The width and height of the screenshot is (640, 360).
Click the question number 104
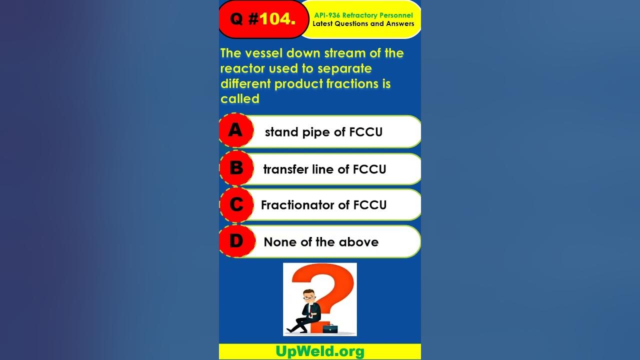tap(277, 19)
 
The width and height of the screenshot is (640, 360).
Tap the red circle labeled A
tap(236, 130)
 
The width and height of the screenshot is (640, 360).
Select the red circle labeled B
tap(236, 168)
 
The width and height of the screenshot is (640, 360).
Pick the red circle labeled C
tap(236, 205)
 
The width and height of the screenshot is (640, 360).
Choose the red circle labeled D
tap(237, 241)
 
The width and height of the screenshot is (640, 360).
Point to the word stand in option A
tap(281, 132)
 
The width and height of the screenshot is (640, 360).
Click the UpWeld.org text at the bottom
tap(320, 351)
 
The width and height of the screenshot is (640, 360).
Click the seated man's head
tap(309, 296)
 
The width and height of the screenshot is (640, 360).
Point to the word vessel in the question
tap(264, 53)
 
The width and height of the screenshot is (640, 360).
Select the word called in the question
tap(239, 99)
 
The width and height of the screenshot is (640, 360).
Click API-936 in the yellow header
tap(327, 15)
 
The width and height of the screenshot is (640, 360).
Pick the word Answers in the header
tap(400, 23)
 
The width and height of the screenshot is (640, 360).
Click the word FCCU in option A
tap(365, 132)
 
